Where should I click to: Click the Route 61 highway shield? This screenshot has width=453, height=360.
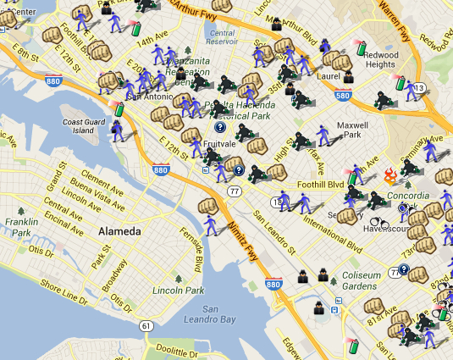tap(147, 326)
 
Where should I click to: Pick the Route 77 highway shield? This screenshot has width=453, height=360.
tap(233, 191)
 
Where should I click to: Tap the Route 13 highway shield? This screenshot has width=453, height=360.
tap(419, 87)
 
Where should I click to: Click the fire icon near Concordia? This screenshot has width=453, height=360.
tap(390, 176)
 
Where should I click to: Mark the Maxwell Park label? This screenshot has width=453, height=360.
tap(350, 131)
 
